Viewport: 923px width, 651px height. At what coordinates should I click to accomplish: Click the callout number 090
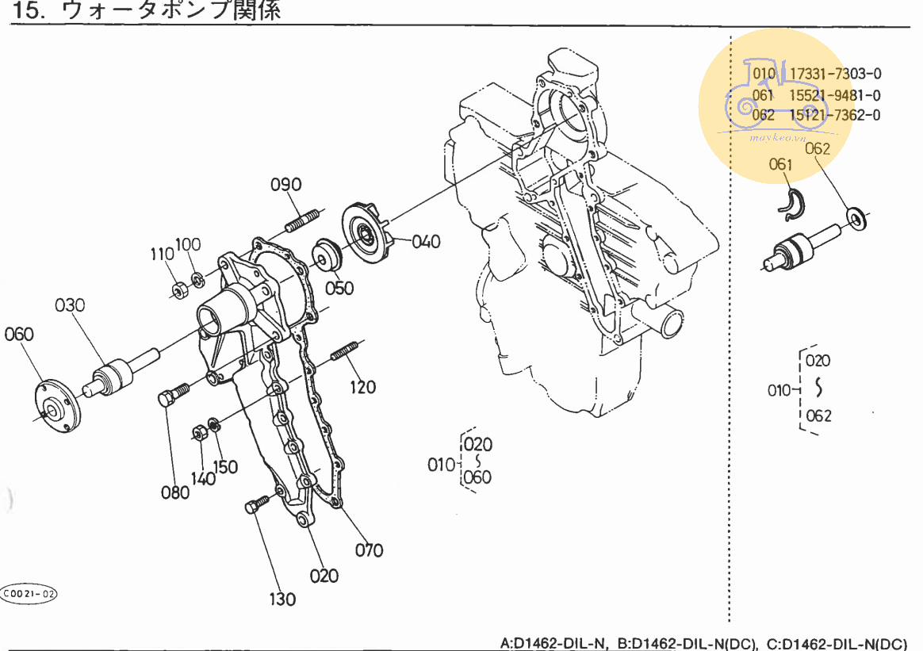tap(285, 185)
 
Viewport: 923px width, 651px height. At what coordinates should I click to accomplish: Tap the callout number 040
tap(425, 241)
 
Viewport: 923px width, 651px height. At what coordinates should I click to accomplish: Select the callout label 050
tap(339, 287)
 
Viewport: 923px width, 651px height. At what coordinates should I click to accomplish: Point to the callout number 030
tap(70, 305)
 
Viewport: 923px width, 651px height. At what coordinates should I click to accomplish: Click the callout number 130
tap(281, 599)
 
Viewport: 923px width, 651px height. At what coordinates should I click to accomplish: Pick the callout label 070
tap(369, 550)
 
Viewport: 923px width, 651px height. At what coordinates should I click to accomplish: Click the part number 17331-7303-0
tap(835, 75)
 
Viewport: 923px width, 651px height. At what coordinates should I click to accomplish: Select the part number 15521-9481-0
tap(835, 95)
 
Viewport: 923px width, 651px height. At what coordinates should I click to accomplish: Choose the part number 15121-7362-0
tap(835, 115)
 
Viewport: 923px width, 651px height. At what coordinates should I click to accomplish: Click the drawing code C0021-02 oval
tap(30, 594)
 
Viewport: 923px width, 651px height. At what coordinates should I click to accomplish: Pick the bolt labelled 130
tap(258, 505)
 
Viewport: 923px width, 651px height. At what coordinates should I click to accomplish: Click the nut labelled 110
tap(180, 288)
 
